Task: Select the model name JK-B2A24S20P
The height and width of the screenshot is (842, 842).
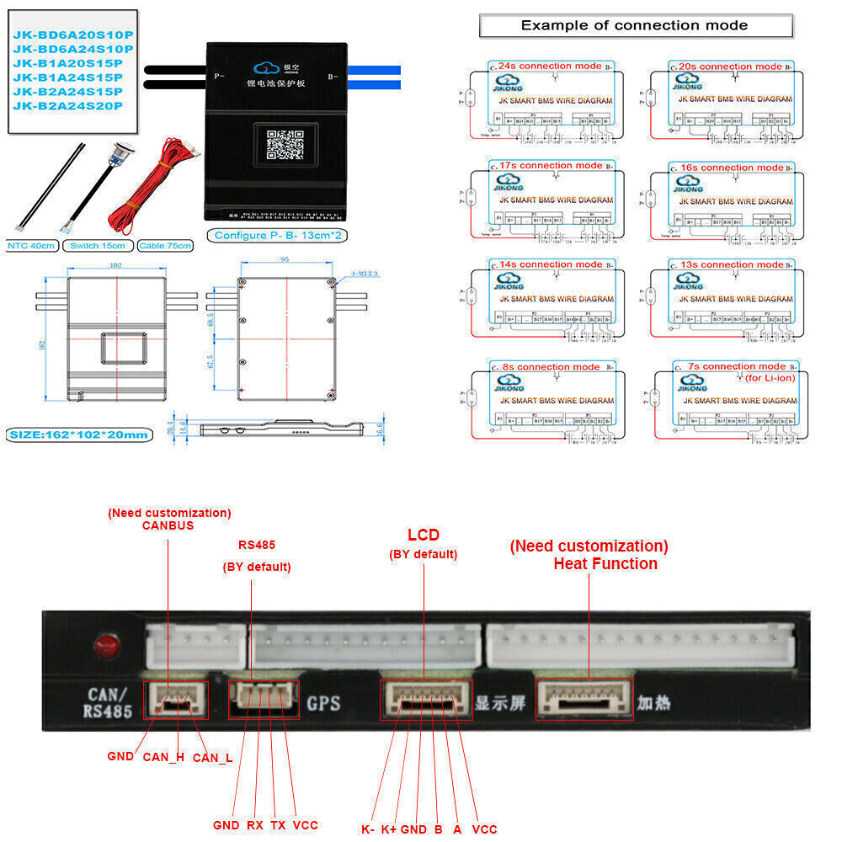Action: tap(67, 105)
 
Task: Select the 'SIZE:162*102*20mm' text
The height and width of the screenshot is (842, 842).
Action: tap(79, 434)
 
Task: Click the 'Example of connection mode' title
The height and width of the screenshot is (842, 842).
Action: tap(634, 25)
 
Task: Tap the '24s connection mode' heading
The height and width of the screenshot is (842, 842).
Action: tap(550, 66)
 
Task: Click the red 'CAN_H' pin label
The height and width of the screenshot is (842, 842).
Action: tap(163, 757)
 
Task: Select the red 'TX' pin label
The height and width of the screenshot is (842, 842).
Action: tap(278, 825)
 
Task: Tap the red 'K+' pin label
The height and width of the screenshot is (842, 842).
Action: tap(389, 829)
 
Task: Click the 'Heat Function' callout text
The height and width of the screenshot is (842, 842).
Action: tap(605, 564)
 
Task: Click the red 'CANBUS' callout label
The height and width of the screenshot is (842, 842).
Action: tap(168, 525)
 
